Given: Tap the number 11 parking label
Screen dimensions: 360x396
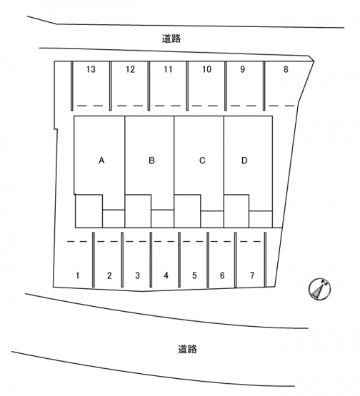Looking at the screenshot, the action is [x=168, y=69].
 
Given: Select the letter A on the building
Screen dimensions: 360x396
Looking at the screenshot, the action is [x=101, y=161].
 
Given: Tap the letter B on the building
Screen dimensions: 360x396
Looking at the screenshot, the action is [x=151, y=161].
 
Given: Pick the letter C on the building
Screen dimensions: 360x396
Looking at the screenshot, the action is [x=202, y=161].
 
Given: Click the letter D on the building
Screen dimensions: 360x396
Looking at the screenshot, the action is [x=244, y=161].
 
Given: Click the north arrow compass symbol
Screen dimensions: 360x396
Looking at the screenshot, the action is [x=320, y=289].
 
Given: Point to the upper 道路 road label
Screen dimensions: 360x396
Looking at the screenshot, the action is [x=171, y=39].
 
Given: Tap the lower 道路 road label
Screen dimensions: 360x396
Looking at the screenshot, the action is [x=188, y=349].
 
